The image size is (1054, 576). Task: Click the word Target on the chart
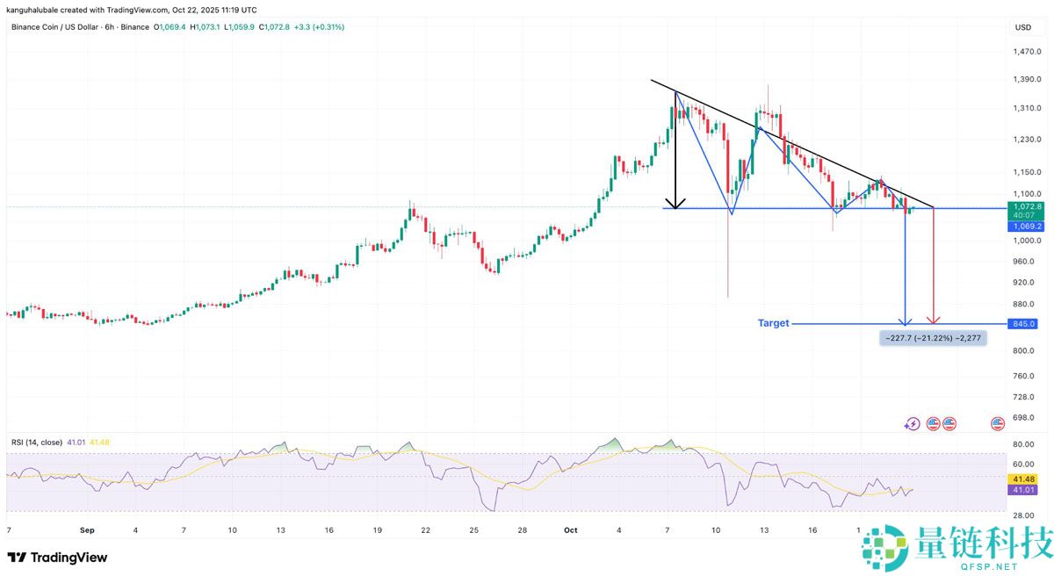[x=773, y=323]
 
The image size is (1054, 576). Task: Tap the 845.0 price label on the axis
[x=1023, y=323]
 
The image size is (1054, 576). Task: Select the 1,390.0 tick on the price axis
[x=1028, y=80]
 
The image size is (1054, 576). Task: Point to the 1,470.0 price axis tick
[x=1028, y=52]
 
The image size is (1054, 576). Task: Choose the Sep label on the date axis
[x=87, y=530]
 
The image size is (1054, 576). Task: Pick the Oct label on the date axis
[x=570, y=530]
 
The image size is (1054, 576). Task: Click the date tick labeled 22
[x=424, y=530]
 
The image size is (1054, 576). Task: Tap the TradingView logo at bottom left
[x=57, y=558]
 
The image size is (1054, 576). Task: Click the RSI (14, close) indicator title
[x=38, y=443]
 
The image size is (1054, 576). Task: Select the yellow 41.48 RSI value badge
[x=1022, y=479]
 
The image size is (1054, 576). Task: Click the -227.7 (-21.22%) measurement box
[x=932, y=337]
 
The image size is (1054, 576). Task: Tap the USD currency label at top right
[x=1022, y=27]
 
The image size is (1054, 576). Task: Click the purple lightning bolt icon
[x=912, y=424]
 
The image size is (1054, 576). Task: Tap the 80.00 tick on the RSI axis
[x=1022, y=444]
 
